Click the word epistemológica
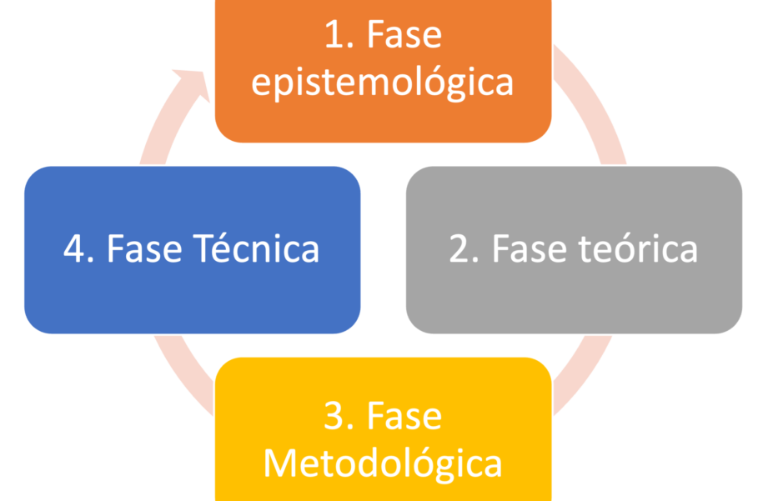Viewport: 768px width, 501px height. [x=383, y=83]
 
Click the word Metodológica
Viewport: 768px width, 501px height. [x=383, y=463]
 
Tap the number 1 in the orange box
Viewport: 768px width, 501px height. [x=331, y=37]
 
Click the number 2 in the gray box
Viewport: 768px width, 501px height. [x=459, y=249]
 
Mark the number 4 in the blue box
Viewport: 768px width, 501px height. [x=75, y=249]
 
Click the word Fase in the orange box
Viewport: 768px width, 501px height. [x=404, y=37]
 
